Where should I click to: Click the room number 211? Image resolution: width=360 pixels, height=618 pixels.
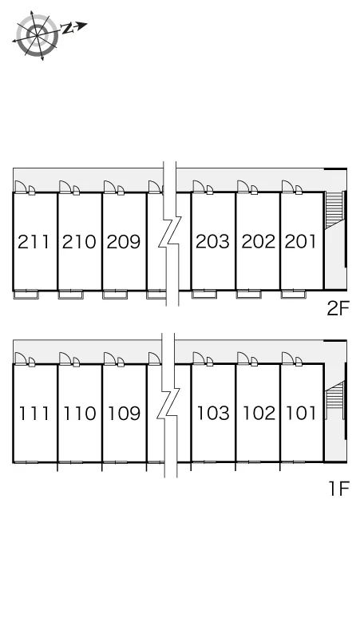coord(34,242)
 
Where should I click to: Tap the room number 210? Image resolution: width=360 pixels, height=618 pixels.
coord(79,242)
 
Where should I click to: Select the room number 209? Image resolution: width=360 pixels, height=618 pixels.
coord(123,242)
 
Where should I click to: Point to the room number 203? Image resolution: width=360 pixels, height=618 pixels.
coord(212,242)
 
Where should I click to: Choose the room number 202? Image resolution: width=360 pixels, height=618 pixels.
coord(258,242)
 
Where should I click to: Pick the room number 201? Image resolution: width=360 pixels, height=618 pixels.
coord(300,242)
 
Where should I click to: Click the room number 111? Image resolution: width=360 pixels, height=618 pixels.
coord(34,413)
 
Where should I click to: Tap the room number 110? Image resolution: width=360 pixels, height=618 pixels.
coord(80,413)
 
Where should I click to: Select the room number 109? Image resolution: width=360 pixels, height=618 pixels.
coord(124,413)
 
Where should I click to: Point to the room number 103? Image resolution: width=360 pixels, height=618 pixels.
coord(213,413)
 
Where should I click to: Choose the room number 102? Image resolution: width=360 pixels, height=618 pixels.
coord(259,413)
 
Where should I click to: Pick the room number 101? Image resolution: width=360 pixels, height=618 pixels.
coord(301,413)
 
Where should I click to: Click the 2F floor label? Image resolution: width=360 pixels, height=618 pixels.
coord(338,308)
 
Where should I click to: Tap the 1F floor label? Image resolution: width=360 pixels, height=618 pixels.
coord(339,489)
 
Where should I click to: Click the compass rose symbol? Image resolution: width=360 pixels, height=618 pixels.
coord(37,35)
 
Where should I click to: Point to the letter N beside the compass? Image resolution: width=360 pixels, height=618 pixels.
coord(68,28)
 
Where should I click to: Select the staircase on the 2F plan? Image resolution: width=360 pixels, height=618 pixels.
coord(334,210)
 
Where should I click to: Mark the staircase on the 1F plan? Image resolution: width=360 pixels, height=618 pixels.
coord(334,401)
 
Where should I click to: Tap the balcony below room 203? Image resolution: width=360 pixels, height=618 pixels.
coord(204,294)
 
